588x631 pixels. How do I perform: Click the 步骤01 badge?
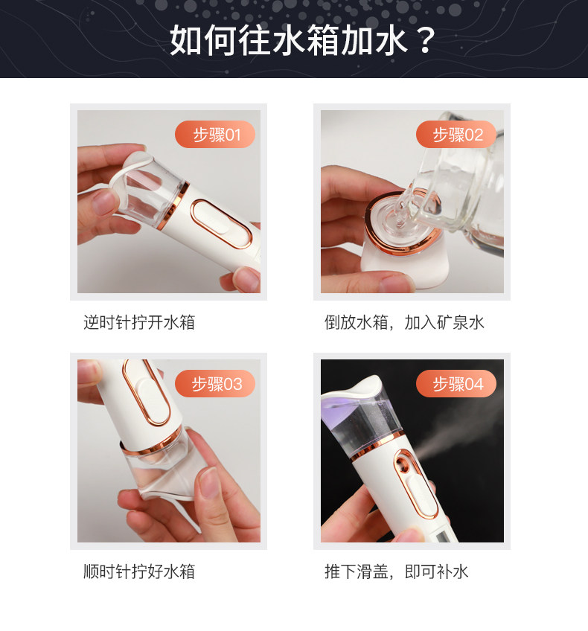[x=215, y=135]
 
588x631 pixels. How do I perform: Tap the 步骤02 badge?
[x=456, y=135]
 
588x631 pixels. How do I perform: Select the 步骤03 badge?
[x=215, y=384]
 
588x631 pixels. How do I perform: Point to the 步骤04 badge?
[x=456, y=384]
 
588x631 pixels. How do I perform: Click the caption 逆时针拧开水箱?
[x=139, y=322]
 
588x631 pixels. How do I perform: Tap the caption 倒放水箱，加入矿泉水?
[x=404, y=322]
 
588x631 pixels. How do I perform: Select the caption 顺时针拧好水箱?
[x=139, y=571]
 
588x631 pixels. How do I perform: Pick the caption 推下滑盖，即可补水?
[x=397, y=571]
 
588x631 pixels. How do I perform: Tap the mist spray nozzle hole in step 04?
[x=403, y=462]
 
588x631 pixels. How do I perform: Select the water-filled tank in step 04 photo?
[x=362, y=423]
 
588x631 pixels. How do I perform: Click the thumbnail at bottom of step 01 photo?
[x=244, y=279]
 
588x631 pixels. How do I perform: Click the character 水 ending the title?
[x=392, y=40]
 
